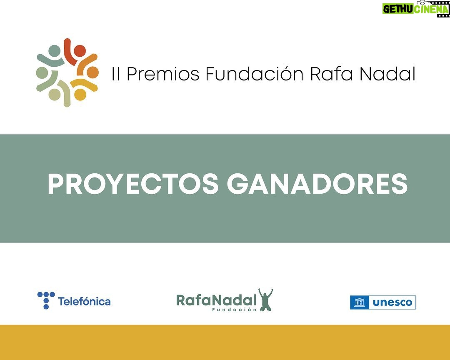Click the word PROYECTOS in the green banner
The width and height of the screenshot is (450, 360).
tap(133, 184)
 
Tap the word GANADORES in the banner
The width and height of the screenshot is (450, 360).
tap(317, 184)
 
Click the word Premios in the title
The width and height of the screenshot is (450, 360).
tap(163, 74)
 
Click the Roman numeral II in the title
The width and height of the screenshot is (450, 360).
tap(115, 74)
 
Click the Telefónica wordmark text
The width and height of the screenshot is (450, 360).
tap(84, 301)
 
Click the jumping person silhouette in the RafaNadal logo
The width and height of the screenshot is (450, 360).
tap(265, 300)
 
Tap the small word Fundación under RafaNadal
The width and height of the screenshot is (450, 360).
tap(234, 310)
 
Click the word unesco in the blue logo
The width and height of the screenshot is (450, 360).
tap(392, 302)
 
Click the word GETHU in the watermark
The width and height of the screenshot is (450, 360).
tap(398, 9)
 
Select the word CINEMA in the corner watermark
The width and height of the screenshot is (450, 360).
tap(431, 9)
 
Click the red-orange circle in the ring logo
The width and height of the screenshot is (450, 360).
tap(80, 51)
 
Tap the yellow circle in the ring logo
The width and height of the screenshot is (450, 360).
tap(80, 95)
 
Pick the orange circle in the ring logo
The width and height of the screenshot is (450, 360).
tap(92, 72)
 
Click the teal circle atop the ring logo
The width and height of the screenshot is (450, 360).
tap(54, 51)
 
